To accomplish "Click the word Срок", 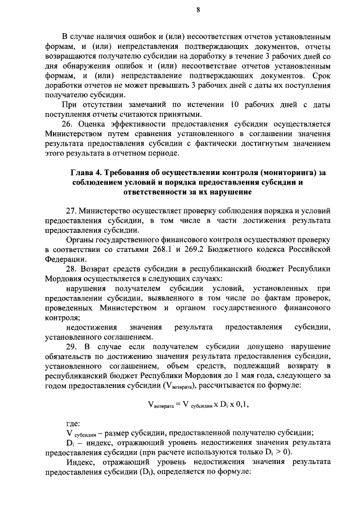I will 318,75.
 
